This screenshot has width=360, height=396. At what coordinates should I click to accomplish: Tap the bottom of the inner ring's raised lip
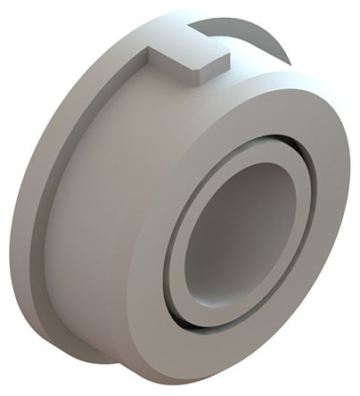pos(218,323)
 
